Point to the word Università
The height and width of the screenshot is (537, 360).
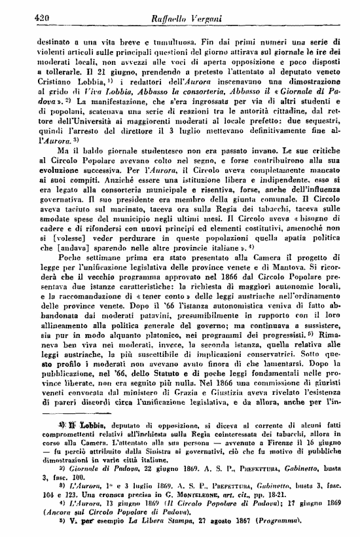click(x=82, y=120)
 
